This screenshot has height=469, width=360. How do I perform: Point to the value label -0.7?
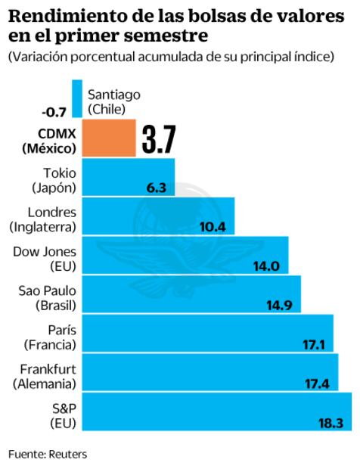click(x=54, y=112)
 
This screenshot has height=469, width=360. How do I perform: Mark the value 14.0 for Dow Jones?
click(x=267, y=266)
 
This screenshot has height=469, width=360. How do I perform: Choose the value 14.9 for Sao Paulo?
click(x=280, y=305)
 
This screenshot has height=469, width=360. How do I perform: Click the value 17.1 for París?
click(x=313, y=344)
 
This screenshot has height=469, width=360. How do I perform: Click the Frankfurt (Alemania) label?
click(x=44, y=376)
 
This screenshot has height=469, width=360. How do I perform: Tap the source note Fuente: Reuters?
click(x=48, y=454)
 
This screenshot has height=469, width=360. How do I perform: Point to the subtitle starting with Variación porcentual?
click(x=171, y=57)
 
